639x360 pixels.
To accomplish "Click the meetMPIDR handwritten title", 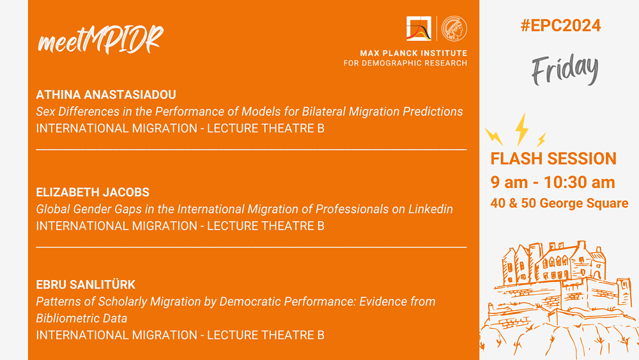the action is click(100, 40).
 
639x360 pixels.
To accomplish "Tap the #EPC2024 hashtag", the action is click(560, 26).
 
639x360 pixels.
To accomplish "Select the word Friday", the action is click(565, 70).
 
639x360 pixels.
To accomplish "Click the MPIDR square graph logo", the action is click(419, 29).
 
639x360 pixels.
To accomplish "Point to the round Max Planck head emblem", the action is click(454, 29).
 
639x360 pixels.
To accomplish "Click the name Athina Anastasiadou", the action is click(106, 95).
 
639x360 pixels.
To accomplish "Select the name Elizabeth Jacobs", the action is click(93, 192).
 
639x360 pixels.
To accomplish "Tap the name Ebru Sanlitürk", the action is click(86, 284).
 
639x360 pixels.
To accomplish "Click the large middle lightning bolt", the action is click(521, 129).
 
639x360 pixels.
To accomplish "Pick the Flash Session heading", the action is click(553, 159).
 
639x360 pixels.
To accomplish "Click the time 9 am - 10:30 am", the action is click(553, 182).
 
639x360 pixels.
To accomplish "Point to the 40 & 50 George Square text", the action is click(559, 203).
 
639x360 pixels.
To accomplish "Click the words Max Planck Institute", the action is click(413, 53).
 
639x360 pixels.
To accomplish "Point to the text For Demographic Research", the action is click(406, 63).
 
